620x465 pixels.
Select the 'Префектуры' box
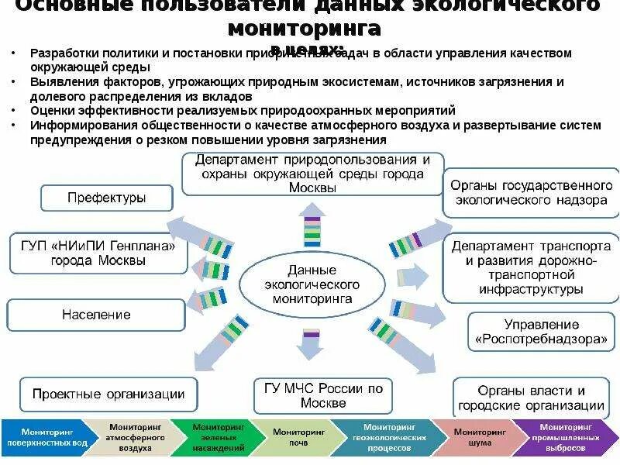[106, 198]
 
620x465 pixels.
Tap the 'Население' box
[96, 315]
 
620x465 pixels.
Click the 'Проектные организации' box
[108, 394]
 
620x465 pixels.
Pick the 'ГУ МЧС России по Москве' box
[323, 395]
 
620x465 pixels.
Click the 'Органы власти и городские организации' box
[530, 398]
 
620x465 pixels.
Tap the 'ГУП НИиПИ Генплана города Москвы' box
[98, 253]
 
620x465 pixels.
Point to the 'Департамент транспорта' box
[531, 269]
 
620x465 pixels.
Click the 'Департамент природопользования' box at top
[312, 174]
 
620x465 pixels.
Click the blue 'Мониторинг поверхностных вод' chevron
[43, 438]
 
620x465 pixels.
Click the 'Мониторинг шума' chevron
[473, 438]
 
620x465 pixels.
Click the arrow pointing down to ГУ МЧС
[310, 344]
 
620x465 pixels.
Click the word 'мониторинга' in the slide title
[304, 29]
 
